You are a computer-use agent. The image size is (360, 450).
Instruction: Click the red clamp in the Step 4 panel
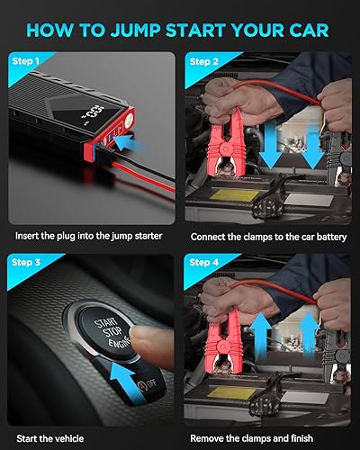pos(225,333)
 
